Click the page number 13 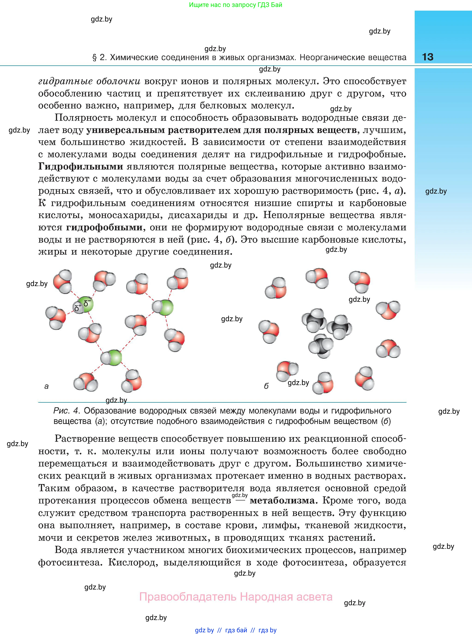coord(427,57)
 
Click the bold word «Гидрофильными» coord(81,167)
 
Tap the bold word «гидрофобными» coord(104,227)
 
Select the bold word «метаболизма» coord(282,500)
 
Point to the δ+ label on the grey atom coord(77,308)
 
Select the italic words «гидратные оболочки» coord(89,81)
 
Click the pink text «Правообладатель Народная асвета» coord(236,597)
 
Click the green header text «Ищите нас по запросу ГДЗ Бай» coord(235,5)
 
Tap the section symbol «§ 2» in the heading coord(99,58)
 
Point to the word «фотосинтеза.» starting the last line coord(70,562)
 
